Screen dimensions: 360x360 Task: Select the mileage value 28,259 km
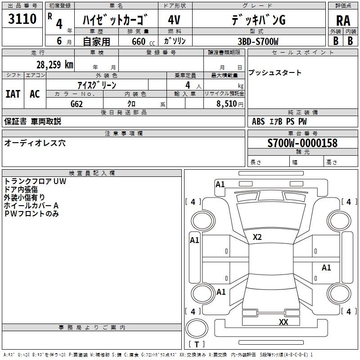54,64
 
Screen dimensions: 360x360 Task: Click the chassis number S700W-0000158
302,143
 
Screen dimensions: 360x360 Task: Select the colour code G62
78,103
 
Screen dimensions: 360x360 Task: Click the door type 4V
174,20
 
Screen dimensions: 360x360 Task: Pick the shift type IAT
13,94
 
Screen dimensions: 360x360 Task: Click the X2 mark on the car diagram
257,237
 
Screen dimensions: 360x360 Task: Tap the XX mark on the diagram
283,322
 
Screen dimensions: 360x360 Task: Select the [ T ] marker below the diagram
197,344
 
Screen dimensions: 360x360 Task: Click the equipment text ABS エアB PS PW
279,121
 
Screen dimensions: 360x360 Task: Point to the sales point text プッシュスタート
275,73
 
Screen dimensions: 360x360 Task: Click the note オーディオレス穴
35,143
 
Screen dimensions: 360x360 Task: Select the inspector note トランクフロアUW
35,181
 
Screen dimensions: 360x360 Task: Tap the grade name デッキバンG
258,20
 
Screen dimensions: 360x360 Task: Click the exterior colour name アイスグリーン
97,85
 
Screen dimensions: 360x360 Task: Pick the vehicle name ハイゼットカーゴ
115,20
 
